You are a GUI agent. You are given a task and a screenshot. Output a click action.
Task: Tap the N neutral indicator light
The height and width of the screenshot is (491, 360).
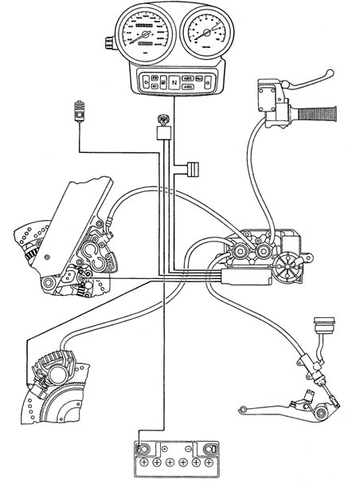point(174,81)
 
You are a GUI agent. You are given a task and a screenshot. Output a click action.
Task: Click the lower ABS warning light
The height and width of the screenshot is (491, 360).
point(187,88)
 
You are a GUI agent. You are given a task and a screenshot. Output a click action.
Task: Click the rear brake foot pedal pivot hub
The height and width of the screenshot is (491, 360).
point(321,410)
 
